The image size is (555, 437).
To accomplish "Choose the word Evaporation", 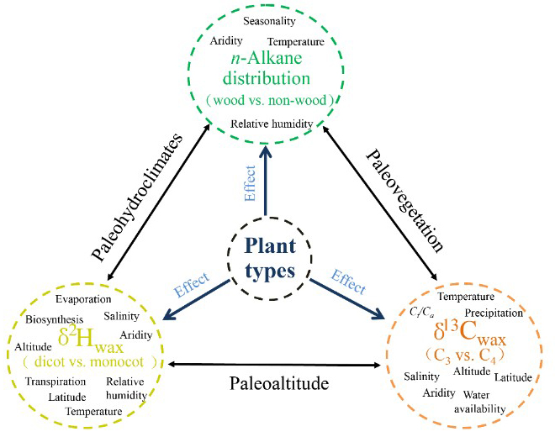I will (83, 299).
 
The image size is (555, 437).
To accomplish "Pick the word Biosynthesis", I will (54, 319).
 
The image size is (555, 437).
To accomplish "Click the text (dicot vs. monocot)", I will (89, 362).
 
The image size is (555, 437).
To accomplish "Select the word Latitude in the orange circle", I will (512, 377).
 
